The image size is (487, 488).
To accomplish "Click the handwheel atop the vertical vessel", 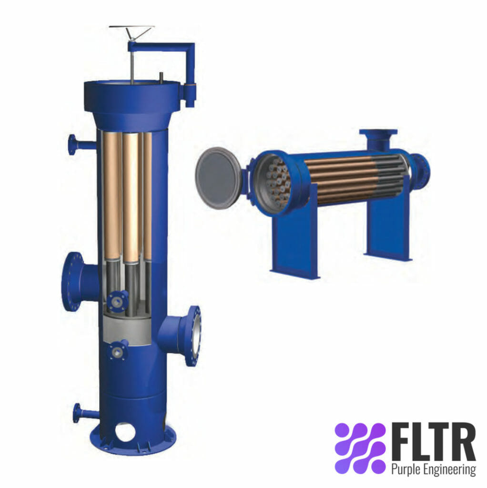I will pos(132,30).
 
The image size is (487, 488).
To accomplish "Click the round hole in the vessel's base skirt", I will pos(125,432).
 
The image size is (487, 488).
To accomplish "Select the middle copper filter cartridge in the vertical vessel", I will pos(131,195).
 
